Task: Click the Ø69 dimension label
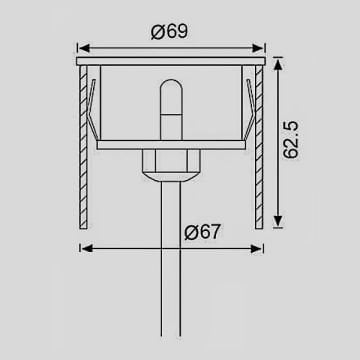coord(171,31)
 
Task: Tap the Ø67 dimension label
coord(203,233)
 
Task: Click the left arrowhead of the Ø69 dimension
coord(83,46)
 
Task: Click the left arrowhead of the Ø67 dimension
coord(85,248)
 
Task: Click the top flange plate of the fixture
coord(170,62)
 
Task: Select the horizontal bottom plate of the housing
coord(170,146)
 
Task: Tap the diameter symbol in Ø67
coord(191,233)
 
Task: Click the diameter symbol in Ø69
coord(159,31)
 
